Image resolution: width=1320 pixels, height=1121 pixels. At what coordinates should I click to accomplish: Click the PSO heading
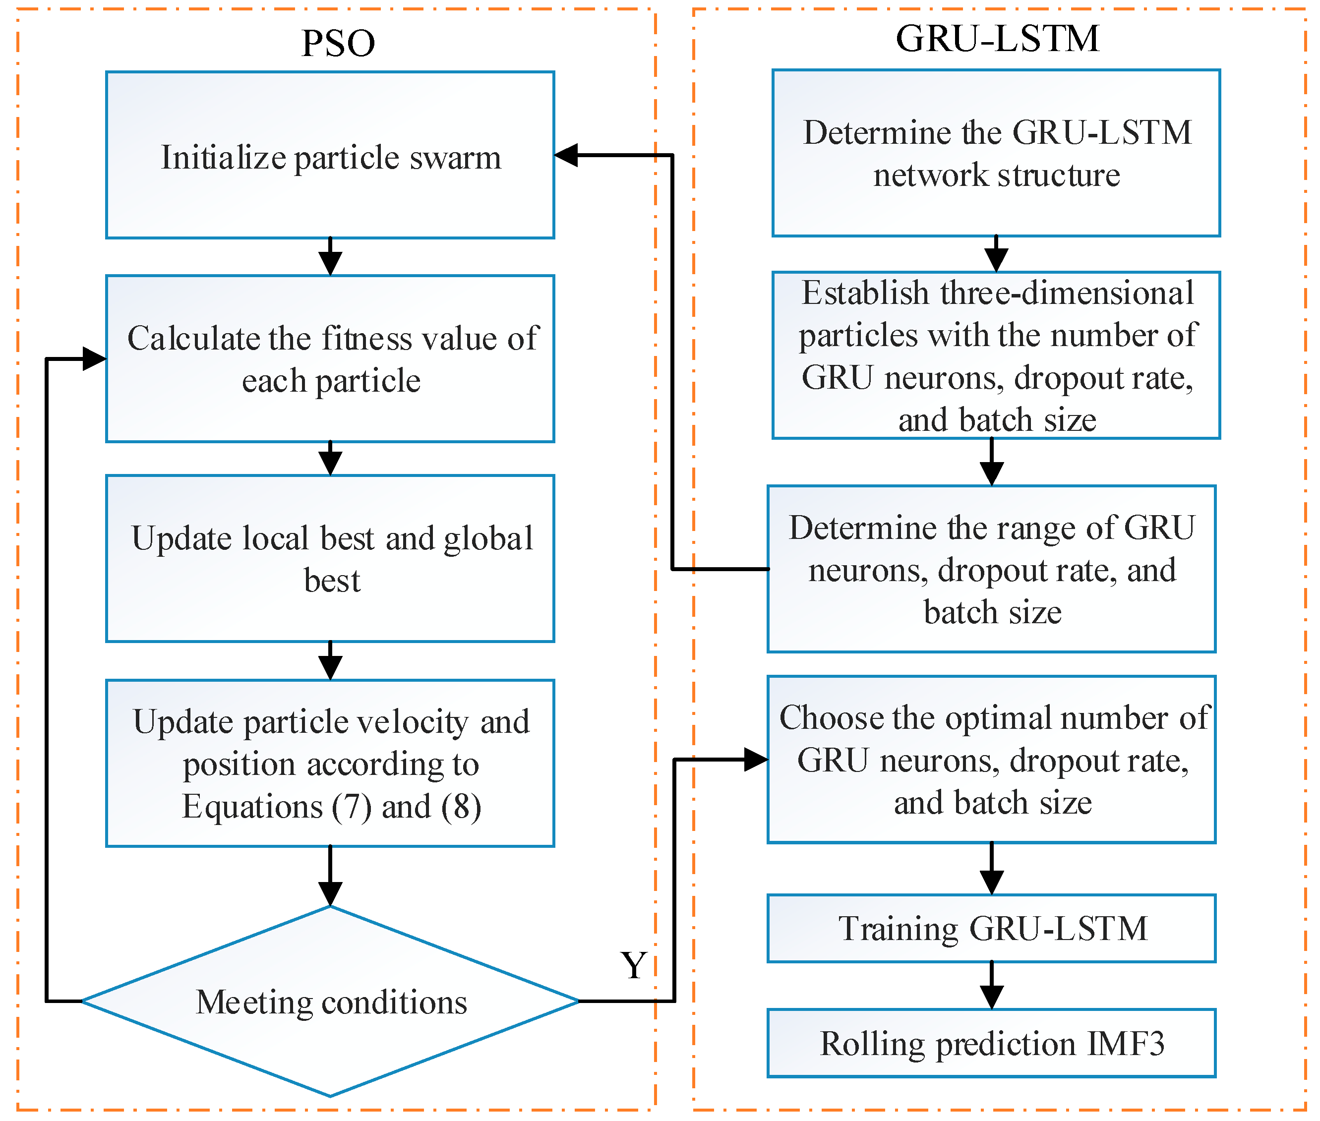[338, 43]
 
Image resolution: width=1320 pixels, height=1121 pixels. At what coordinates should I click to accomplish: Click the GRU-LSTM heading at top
[997, 38]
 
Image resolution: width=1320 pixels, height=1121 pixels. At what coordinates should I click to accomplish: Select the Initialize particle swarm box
[330, 155]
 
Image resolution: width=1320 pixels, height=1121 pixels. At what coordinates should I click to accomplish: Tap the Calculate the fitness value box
[330, 358]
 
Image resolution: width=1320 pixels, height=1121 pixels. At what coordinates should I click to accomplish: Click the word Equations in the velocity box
[252, 807]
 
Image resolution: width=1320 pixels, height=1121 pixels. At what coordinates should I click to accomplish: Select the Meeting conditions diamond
[330, 1002]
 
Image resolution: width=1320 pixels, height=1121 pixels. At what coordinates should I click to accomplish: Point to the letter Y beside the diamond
[633, 965]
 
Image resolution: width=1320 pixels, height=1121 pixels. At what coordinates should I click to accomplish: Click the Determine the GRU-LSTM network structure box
[996, 153]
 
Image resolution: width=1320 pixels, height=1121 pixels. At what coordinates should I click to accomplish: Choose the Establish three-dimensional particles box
[996, 355]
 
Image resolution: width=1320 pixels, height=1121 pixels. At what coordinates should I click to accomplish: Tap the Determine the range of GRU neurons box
[991, 569]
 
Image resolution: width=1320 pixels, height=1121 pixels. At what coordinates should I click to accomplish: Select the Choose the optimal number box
[991, 760]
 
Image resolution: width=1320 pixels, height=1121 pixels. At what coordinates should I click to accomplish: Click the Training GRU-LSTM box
[991, 929]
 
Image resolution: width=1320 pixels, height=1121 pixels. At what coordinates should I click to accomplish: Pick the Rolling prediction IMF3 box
[991, 1044]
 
